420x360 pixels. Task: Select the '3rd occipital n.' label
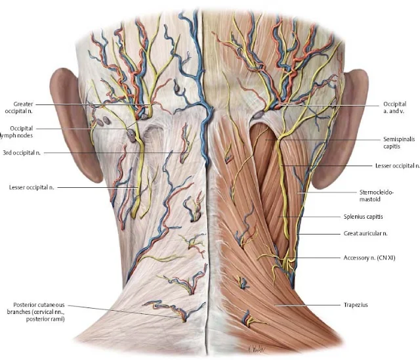click(22, 153)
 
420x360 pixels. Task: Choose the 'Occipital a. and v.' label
click(394, 107)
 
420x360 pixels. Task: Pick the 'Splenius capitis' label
click(381, 216)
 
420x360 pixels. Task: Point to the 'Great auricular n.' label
click(384, 233)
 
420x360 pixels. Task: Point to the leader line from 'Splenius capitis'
click(312, 216)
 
